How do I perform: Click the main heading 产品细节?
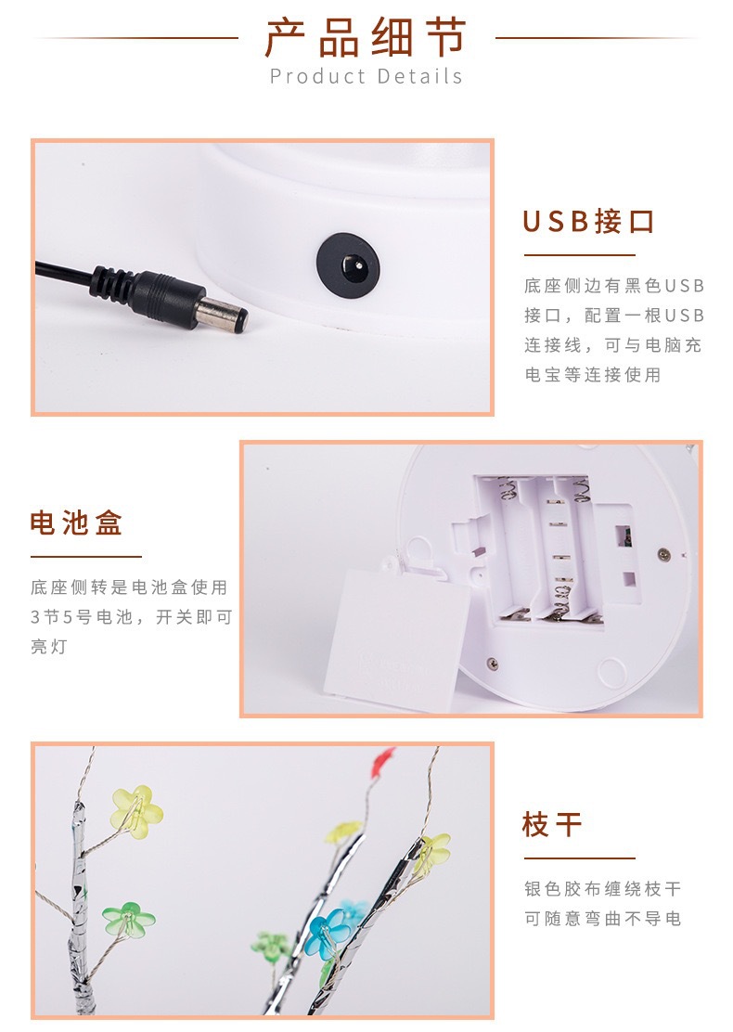pos(366,38)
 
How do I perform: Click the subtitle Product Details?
pos(366,76)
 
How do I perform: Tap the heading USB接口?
pos(589,222)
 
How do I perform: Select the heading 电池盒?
pos(76,523)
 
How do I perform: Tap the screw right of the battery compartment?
pos(663,554)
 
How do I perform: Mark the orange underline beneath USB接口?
pos(579,255)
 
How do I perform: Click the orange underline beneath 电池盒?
pos(85,557)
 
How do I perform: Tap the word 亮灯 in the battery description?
pos(52,646)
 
